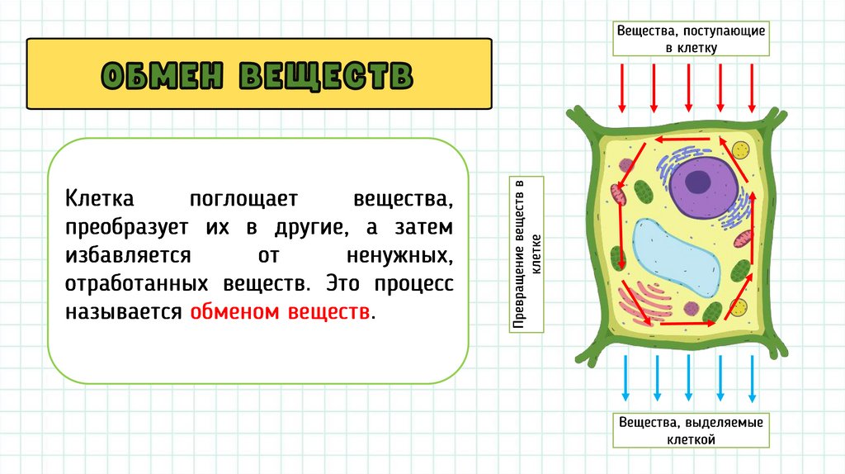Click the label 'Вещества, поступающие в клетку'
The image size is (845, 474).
(x=692, y=39)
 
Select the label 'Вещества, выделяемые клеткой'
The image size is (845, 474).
(x=691, y=430)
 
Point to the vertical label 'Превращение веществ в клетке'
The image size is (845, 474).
(x=526, y=254)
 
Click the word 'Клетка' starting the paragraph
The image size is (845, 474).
(x=100, y=199)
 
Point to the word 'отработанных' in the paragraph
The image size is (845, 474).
(x=140, y=284)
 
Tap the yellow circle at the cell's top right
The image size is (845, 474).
(x=739, y=151)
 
